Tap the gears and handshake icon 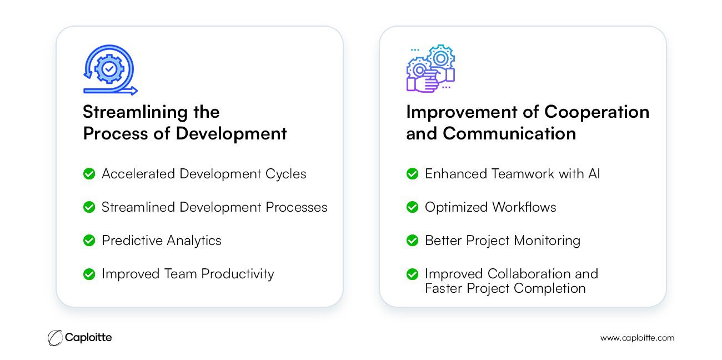click(x=430, y=69)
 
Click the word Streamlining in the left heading click(x=135, y=113)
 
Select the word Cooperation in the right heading click(x=596, y=112)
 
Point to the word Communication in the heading click(x=509, y=133)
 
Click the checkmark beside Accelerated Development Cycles click(x=89, y=174)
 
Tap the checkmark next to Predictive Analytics click(x=89, y=241)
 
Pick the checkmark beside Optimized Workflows click(x=412, y=207)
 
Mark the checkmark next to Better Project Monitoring click(x=412, y=241)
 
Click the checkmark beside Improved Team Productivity click(x=89, y=274)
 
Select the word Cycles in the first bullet click(x=285, y=174)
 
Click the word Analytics click(x=194, y=241)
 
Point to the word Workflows click(x=524, y=207)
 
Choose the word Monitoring click(x=547, y=241)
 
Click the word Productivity click(x=238, y=274)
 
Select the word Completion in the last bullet click(x=550, y=288)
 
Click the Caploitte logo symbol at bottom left click(x=55, y=338)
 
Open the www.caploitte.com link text click(x=637, y=338)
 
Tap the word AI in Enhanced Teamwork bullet click(x=594, y=174)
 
